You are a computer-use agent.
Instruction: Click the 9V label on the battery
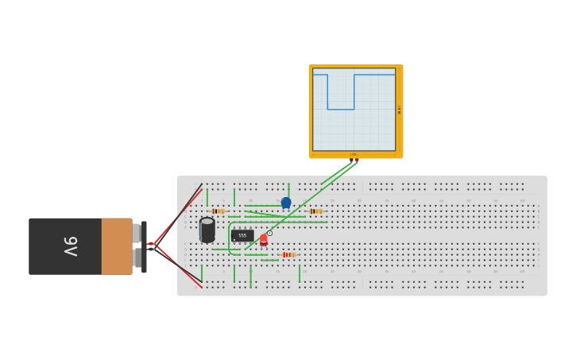69,246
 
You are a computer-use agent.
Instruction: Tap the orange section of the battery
117,246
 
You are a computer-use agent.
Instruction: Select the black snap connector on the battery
144,246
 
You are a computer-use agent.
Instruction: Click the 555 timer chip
242,236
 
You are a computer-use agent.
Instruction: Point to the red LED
264,238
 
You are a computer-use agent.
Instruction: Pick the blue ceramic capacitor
286,203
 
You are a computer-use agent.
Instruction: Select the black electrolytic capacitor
207,229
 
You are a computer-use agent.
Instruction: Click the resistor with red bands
288,254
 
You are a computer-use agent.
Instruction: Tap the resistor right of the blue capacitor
315,211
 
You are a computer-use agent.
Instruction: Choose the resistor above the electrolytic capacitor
217,211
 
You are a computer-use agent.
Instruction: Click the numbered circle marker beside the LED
270,233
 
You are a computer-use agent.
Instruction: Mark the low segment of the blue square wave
341,109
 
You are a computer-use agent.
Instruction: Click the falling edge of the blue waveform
327,92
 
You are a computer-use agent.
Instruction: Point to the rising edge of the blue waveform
354,92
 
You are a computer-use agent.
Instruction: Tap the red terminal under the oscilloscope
358,160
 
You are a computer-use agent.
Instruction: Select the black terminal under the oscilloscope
351,160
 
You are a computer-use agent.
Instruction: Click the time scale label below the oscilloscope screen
354,154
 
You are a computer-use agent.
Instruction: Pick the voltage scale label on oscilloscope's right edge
398,109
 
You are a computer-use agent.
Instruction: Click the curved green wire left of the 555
230,242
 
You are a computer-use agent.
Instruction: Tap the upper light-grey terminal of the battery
137,233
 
